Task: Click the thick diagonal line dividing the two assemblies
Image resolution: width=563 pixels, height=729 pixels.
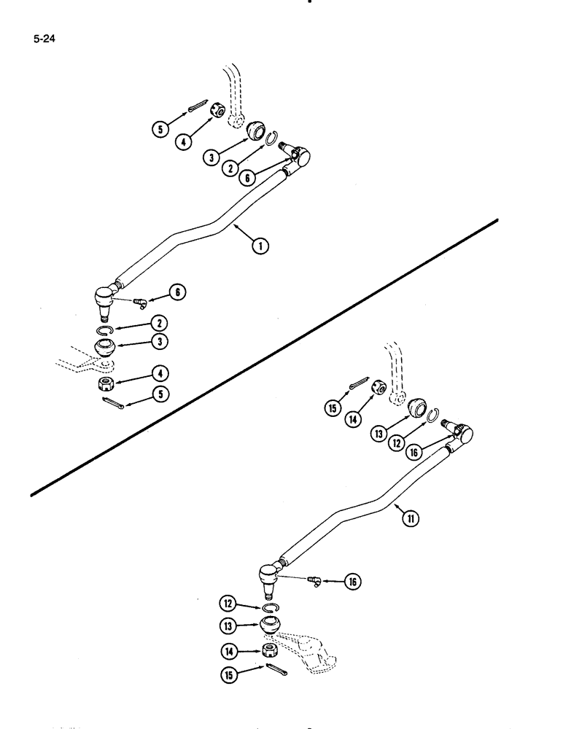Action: point(263,357)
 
